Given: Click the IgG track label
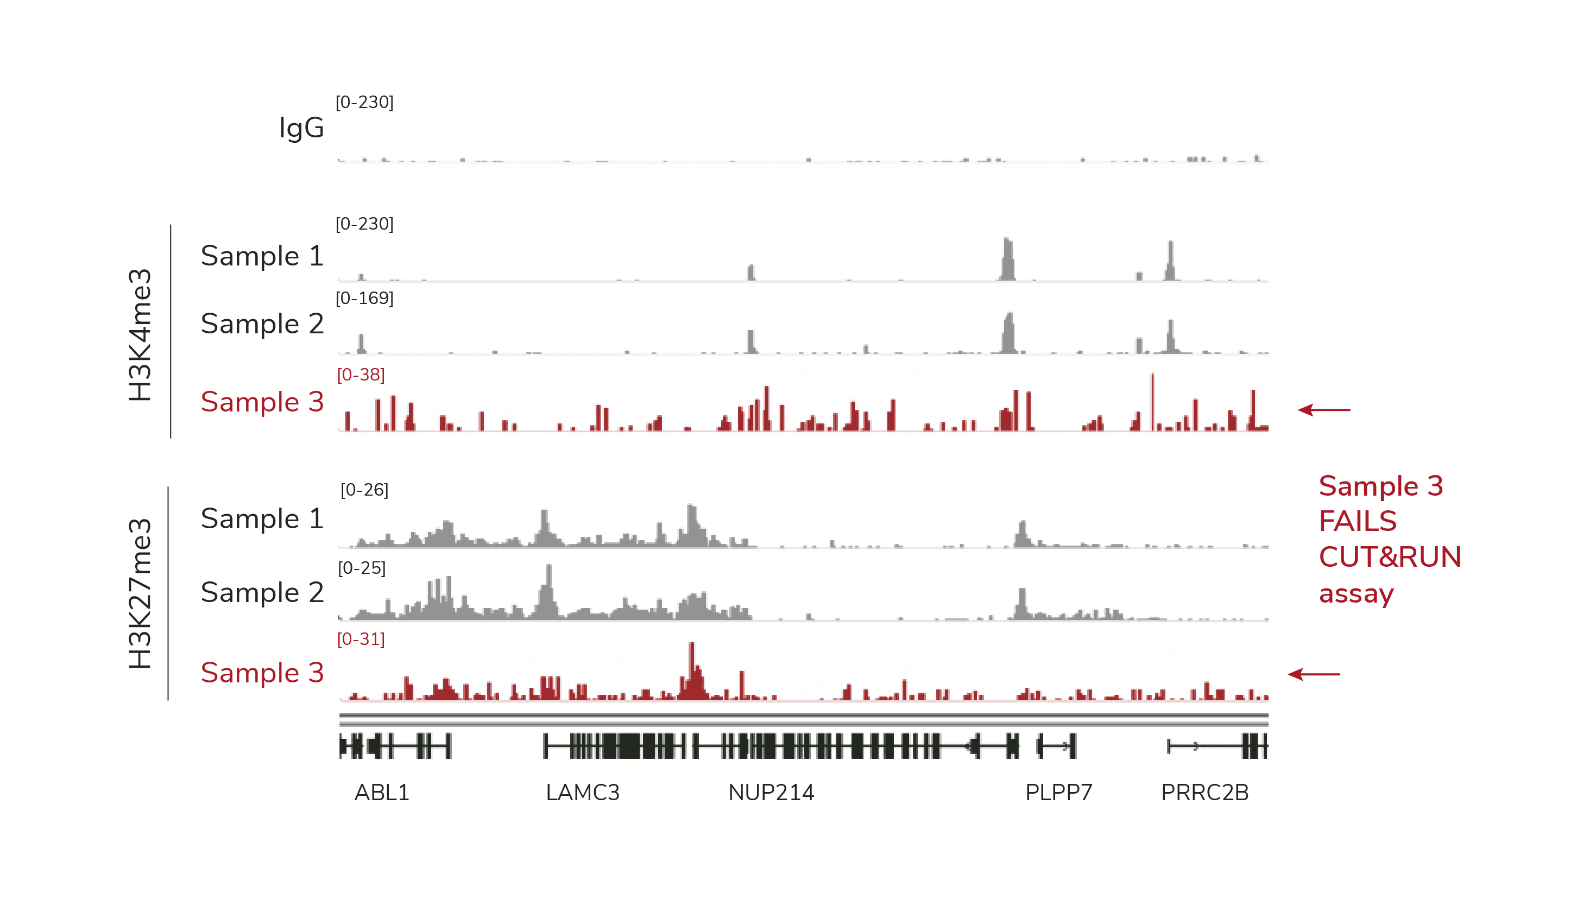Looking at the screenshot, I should pos(301,128).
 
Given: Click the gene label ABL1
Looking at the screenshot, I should pos(381,792).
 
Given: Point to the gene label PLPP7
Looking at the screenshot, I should pos(1058,792).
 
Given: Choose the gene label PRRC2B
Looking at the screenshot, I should pos(1204,792).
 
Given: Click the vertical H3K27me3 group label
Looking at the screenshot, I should pos(140,593).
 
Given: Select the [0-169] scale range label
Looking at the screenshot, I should pos(364,298).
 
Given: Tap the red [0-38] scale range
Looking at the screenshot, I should pos(361,375).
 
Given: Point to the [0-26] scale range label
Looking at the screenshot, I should pos(364,490).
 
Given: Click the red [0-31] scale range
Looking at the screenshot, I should pos(361,639).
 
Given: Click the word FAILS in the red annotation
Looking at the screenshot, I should pos(1357,522).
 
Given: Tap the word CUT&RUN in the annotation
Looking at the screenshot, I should pos(1389,557).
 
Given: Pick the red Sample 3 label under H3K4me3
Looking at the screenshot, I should pos(262,402).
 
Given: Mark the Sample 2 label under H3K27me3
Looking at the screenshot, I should pos(262,593).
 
